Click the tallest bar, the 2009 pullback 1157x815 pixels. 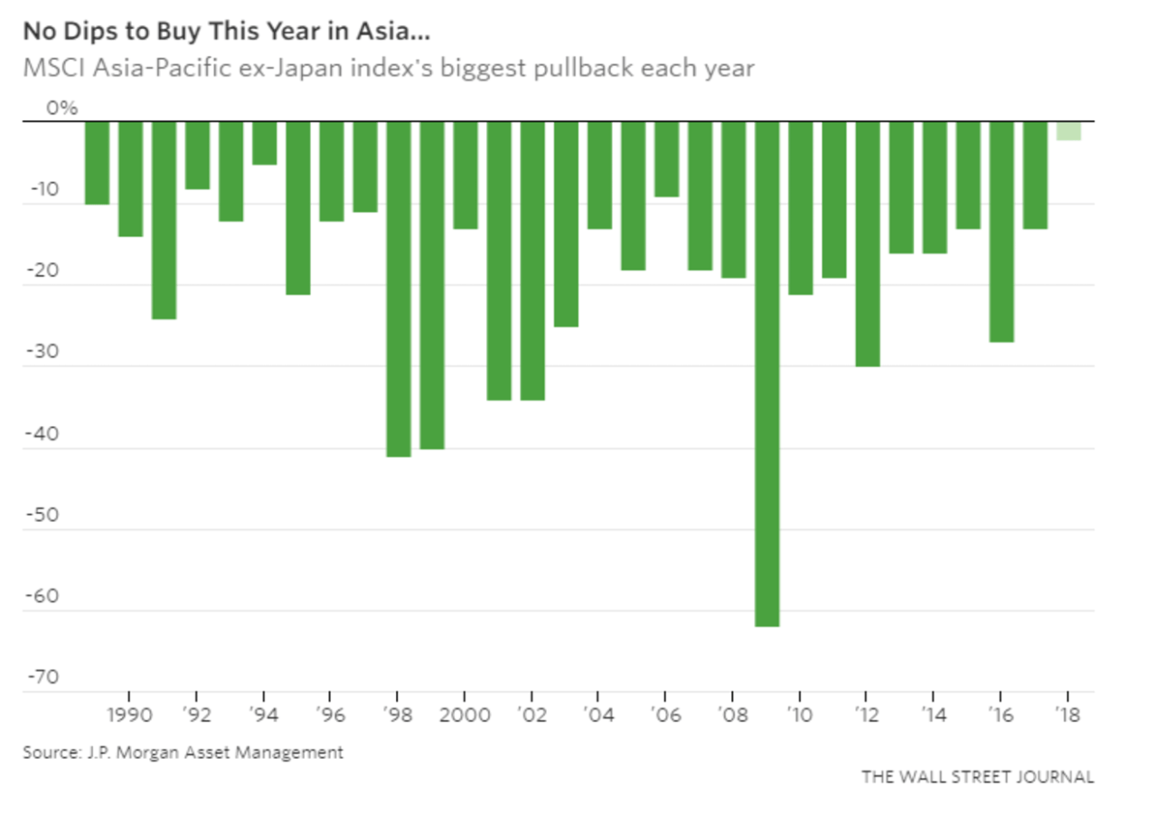pyautogui.click(x=767, y=373)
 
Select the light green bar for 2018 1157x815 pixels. pyautogui.click(x=1068, y=130)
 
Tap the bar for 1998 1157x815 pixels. pyautogui.click(x=399, y=289)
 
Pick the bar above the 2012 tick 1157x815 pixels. pyautogui.click(x=867, y=243)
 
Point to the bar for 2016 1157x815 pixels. pyautogui.click(x=1001, y=232)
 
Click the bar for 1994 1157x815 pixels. pyautogui.click(x=264, y=143)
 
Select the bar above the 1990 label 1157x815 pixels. pyautogui.click(x=130, y=178)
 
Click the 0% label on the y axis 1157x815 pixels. pyautogui.click(x=62, y=109)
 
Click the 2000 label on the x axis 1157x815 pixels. pyautogui.click(x=465, y=713)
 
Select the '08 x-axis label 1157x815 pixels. pyautogui.click(x=731, y=713)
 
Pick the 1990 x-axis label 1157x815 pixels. pyautogui.click(x=129, y=713)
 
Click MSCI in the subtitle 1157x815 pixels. pyautogui.click(x=50, y=68)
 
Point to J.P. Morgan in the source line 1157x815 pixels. pyautogui.click(x=131, y=752)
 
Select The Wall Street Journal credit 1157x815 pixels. pyautogui.click(x=977, y=776)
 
